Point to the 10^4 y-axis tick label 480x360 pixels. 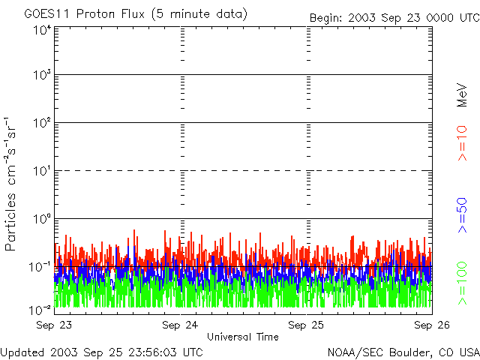[x=41, y=30]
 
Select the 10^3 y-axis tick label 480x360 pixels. [x=41, y=76]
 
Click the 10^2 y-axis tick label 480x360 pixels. [x=41, y=123]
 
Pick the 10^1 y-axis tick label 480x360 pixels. [x=41, y=171]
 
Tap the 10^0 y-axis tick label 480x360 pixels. [x=41, y=219]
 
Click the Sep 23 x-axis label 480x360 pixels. [x=55, y=325]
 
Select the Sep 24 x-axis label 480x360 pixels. [x=181, y=325]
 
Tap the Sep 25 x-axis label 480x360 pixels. [x=307, y=325]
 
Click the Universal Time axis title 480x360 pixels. [x=243, y=337]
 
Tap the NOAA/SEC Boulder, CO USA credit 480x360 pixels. [x=403, y=352]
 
